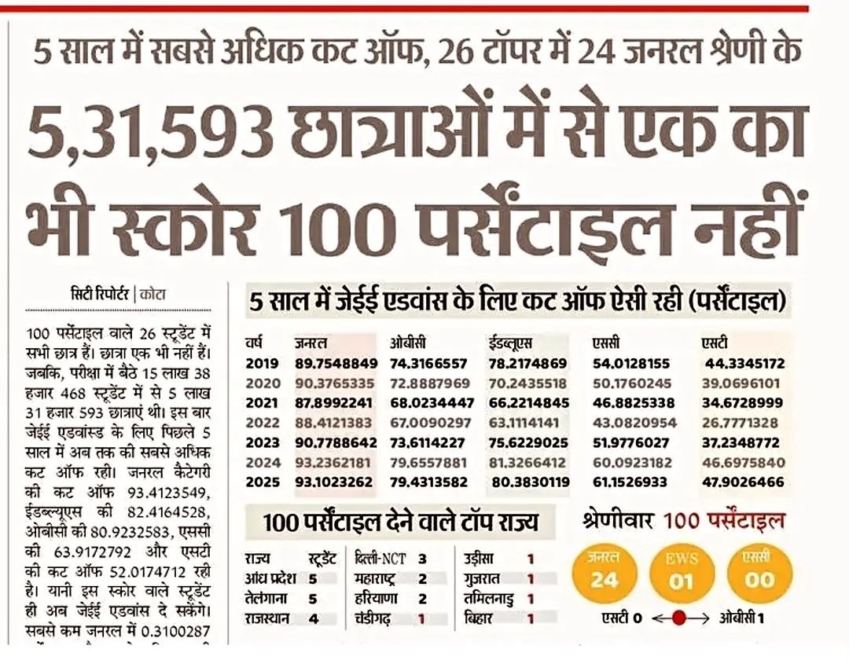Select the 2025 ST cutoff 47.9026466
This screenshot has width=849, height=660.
744,482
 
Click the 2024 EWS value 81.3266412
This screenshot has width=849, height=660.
528,462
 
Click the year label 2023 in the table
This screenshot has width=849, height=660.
263,442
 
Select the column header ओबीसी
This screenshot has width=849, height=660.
409,344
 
